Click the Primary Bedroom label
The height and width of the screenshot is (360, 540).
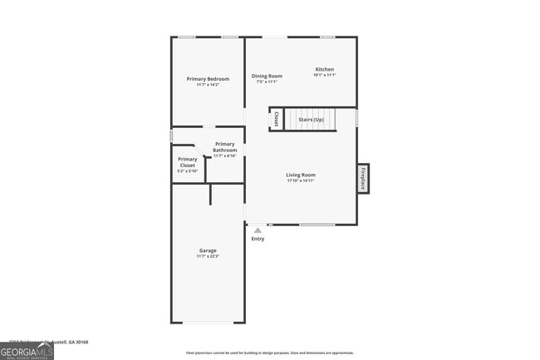click(x=208, y=78)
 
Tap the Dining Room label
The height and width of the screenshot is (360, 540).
click(x=267, y=76)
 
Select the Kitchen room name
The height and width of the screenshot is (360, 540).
click(x=324, y=68)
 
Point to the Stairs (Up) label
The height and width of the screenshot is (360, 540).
click(x=312, y=120)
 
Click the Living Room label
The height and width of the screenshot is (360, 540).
click(x=301, y=175)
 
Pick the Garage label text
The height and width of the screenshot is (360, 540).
click(x=208, y=250)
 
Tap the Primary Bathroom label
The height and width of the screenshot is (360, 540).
click(x=225, y=147)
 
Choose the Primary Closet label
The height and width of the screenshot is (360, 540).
click(x=188, y=162)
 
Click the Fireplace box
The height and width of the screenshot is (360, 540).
click(x=363, y=178)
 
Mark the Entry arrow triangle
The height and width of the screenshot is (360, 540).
click(x=258, y=230)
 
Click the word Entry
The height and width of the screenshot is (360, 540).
click(x=258, y=239)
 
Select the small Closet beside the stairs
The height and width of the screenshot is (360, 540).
click(x=276, y=120)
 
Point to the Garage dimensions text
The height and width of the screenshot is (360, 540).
click(x=208, y=257)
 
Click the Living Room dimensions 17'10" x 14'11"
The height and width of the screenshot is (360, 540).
click(x=301, y=181)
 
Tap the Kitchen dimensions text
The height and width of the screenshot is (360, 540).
click(x=324, y=75)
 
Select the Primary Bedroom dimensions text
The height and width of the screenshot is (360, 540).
click(x=208, y=85)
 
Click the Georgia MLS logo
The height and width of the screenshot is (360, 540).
click(x=27, y=351)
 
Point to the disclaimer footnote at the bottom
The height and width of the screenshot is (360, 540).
click(x=270, y=353)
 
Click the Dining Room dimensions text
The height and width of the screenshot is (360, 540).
click(x=267, y=81)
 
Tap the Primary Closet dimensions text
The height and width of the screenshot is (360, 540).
click(x=188, y=172)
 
